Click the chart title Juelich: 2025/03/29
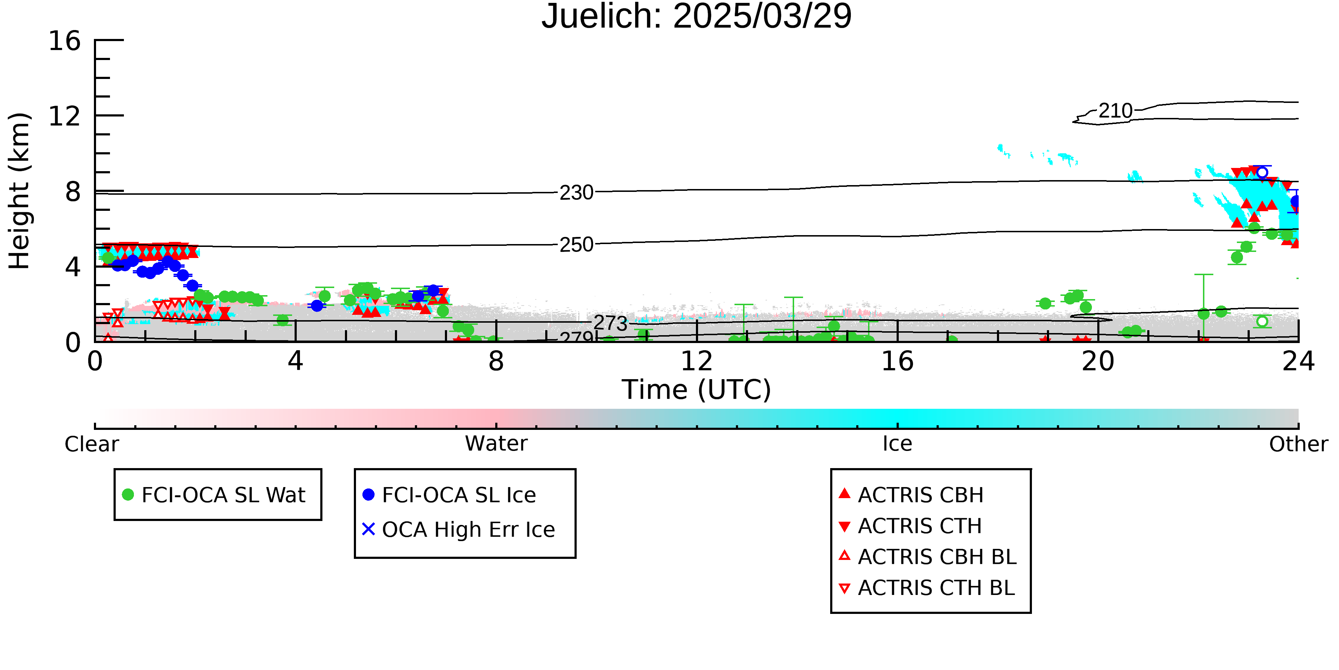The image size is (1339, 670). coord(697,17)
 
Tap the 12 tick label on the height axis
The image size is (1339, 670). coord(65,116)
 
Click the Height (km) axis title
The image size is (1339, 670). coord(20,191)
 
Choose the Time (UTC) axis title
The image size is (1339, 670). coord(697,389)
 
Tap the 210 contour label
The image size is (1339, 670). coord(1115,111)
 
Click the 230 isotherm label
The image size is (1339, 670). coord(576,193)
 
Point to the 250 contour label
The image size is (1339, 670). coord(576,244)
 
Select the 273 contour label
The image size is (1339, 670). coord(611,323)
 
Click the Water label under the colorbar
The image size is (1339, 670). coord(496,444)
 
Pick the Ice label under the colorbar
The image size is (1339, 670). coord(897,444)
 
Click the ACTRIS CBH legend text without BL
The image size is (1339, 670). coord(921,495)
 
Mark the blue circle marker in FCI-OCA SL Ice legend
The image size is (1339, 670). coord(368,494)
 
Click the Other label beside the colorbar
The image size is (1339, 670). coord(1298,444)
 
